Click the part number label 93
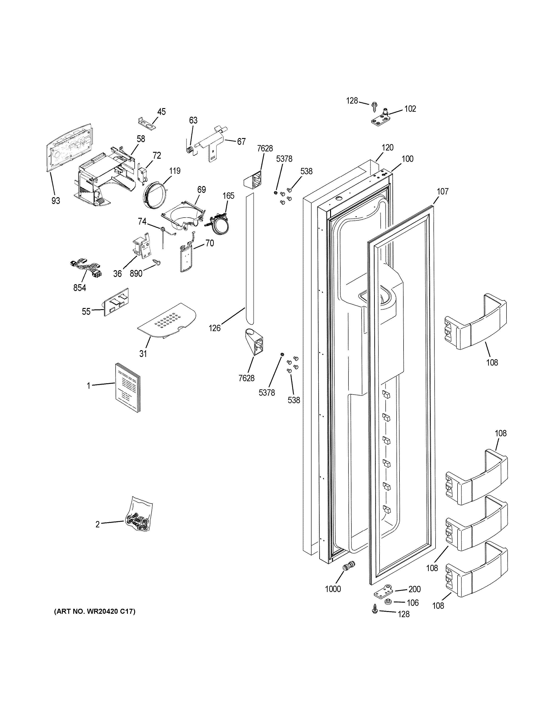[x=56, y=201]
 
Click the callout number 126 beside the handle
[x=214, y=328]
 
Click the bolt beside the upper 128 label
[x=374, y=106]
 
